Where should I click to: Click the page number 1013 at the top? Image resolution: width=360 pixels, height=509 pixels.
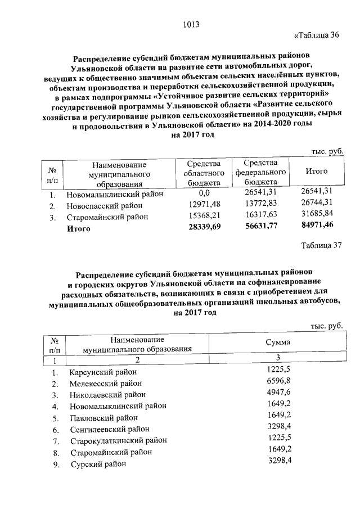[192, 25]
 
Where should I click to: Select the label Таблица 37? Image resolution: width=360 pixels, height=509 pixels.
[321, 245]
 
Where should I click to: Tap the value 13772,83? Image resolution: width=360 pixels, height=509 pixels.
[261, 206]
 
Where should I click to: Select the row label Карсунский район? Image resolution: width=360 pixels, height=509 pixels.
[103, 372]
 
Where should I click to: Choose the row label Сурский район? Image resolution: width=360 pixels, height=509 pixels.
[98, 465]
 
